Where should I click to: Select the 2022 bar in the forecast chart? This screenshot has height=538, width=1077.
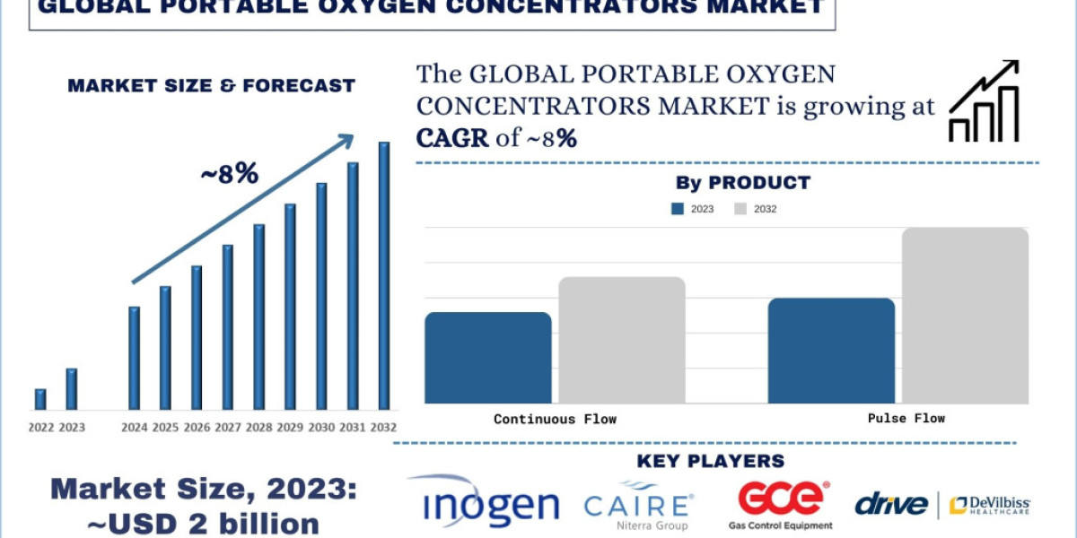(40, 399)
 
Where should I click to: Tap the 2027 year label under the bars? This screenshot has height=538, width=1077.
(229, 428)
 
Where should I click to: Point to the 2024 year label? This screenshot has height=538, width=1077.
(135, 428)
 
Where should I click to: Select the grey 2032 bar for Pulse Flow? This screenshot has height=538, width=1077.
(965, 316)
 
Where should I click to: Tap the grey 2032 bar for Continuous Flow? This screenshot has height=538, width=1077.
(622, 340)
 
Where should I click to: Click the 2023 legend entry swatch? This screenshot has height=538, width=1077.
(678, 209)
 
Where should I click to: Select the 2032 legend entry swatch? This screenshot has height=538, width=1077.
(740, 209)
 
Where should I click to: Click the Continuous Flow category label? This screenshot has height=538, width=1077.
(555, 419)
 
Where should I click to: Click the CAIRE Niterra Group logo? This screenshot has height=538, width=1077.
(638, 508)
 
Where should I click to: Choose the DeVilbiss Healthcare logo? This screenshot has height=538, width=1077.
(990, 506)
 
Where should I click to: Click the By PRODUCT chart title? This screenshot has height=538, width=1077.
(742, 183)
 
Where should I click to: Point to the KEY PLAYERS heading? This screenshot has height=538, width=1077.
(710, 461)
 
